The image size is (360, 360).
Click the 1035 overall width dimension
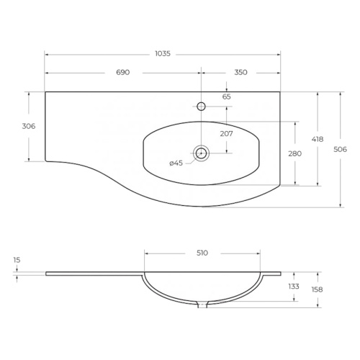163,53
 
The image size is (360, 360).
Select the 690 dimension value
123,72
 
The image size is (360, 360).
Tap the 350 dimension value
240,72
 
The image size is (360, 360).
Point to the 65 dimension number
227,96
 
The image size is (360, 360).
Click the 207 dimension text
227,134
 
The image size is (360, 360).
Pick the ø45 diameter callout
176,163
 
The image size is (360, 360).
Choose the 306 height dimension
29,126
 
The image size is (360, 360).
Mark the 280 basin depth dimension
295,153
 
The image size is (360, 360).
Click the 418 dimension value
318,139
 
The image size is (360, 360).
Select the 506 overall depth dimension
341,150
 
